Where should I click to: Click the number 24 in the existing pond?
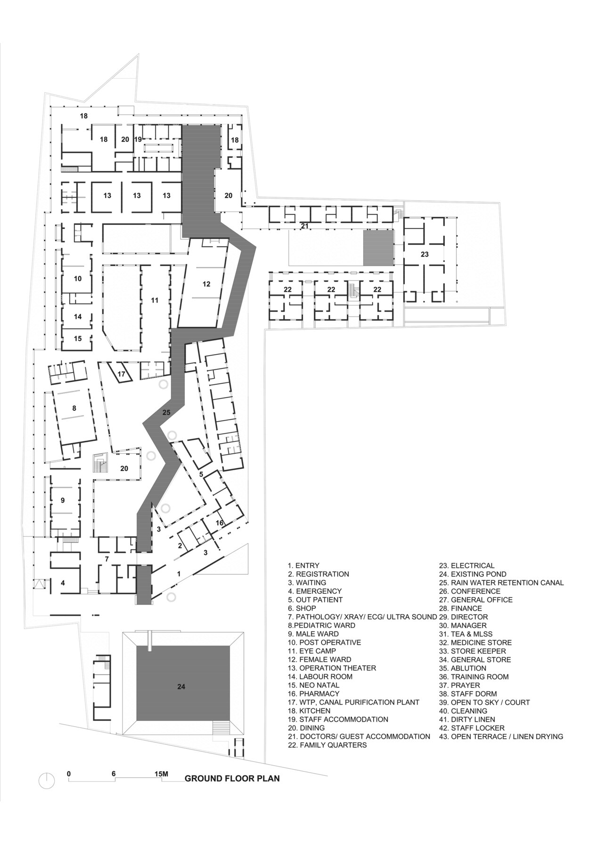pyautogui.click(x=181, y=687)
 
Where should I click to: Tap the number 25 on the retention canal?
pyautogui.click(x=166, y=412)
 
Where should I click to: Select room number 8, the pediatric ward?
pyautogui.click(x=74, y=408)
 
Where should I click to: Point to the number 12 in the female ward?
pyautogui.click(x=206, y=284)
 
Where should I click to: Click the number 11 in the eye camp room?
pyautogui.click(x=155, y=300)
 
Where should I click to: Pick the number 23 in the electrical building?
pyautogui.click(x=425, y=254)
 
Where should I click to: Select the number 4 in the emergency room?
pyautogui.click(x=63, y=583)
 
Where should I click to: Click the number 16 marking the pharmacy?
pyautogui.click(x=220, y=523)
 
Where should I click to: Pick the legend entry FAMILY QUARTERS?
pyautogui.click(x=327, y=745)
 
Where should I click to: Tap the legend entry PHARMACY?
pyautogui.click(x=313, y=694)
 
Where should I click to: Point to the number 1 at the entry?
pyautogui.click(x=178, y=574)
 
